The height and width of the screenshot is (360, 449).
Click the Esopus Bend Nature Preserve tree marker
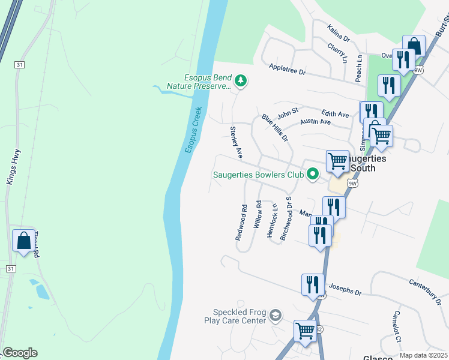pos(240,80)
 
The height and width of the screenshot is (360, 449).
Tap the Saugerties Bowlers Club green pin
pos(312,175)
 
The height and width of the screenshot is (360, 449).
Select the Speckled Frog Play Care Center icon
pos(275,316)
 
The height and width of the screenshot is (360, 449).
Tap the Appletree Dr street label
pos(288,71)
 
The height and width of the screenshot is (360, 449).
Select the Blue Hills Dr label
pos(275,128)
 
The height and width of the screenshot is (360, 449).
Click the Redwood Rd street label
pos(241,223)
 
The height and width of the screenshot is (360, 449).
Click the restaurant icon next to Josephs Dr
pos(313,284)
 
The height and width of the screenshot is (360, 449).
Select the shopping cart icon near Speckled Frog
pos(305,330)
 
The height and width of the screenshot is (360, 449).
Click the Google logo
pos(20,353)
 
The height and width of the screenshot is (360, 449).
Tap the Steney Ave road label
pos(236,142)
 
